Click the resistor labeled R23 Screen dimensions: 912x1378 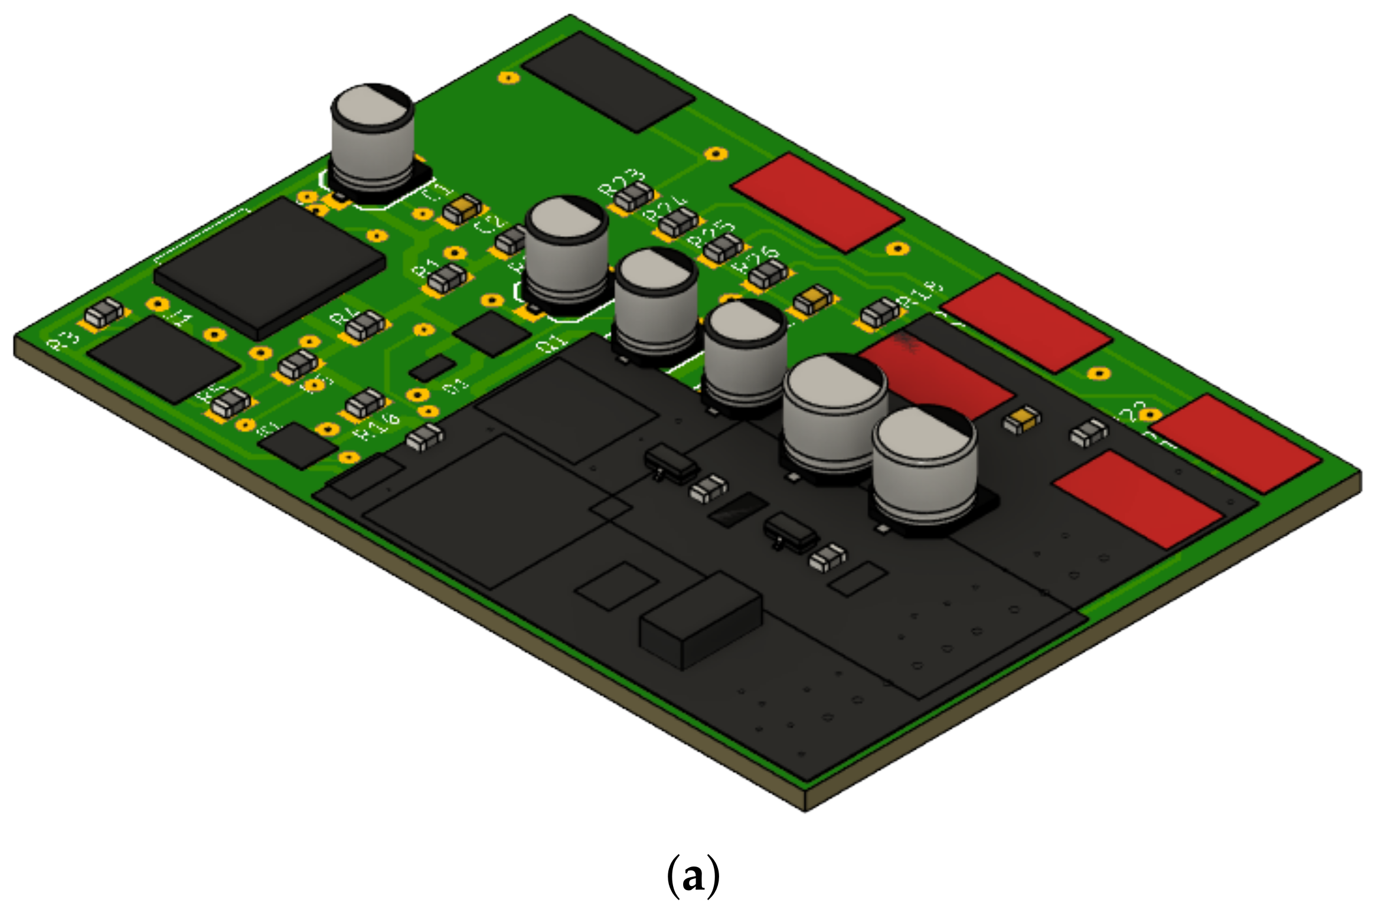tap(634, 197)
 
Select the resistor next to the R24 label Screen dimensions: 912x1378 tap(678, 224)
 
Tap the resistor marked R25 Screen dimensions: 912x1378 tap(723, 248)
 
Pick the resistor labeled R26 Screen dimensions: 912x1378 tap(768, 274)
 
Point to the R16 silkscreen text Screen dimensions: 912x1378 tap(378, 427)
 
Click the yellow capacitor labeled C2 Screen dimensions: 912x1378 tap(462, 209)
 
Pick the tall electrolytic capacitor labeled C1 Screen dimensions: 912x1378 tap(373, 139)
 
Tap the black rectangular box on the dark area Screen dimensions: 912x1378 tap(700, 621)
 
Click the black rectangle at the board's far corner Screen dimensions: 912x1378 tap(608, 81)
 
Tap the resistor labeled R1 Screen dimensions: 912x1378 tap(447, 279)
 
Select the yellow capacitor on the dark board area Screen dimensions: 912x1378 tap(1021, 419)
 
